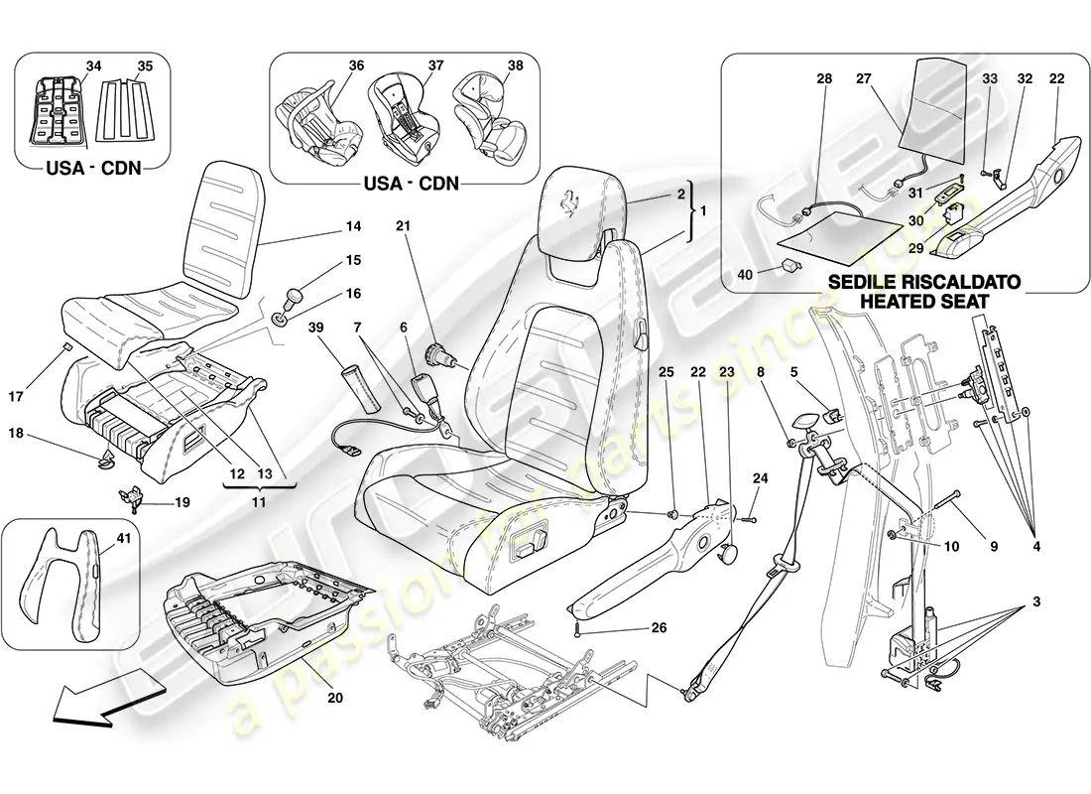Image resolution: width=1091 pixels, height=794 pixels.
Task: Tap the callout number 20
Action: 334,698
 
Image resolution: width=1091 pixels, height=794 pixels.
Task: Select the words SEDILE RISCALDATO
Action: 917,282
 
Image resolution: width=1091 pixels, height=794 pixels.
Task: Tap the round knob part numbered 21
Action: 437,353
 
